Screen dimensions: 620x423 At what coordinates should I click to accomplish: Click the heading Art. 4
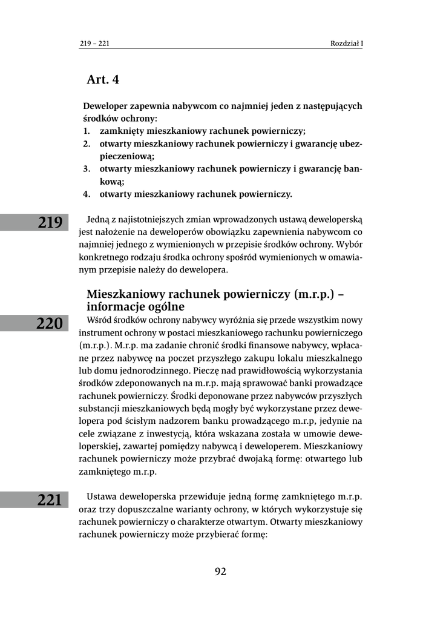click(x=103, y=79)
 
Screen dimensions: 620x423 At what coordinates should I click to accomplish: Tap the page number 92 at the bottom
click(x=220, y=571)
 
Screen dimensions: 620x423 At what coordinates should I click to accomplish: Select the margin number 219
click(x=50, y=222)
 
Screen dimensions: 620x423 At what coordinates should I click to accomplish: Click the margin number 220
click(x=50, y=323)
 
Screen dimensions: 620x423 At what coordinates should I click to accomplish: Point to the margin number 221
click(x=50, y=500)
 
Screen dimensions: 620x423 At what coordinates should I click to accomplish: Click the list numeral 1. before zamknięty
click(x=87, y=131)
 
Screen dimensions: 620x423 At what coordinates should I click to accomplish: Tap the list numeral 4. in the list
click(x=87, y=194)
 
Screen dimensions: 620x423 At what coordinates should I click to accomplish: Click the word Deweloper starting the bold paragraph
click(x=106, y=105)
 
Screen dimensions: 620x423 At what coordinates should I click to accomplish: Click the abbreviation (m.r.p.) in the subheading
click(x=309, y=295)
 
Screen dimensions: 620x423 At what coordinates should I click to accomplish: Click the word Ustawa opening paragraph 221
click(x=103, y=496)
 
